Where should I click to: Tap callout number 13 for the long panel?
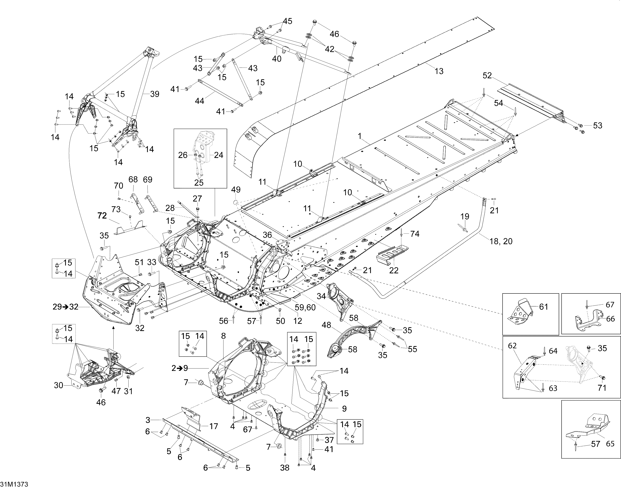[x=439, y=71]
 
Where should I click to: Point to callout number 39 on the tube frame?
[x=155, y=94]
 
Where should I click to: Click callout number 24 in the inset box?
[x=218, y=155]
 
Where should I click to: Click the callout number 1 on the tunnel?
[x=360, y=136]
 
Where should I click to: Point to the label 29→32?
[x=66, y=307]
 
